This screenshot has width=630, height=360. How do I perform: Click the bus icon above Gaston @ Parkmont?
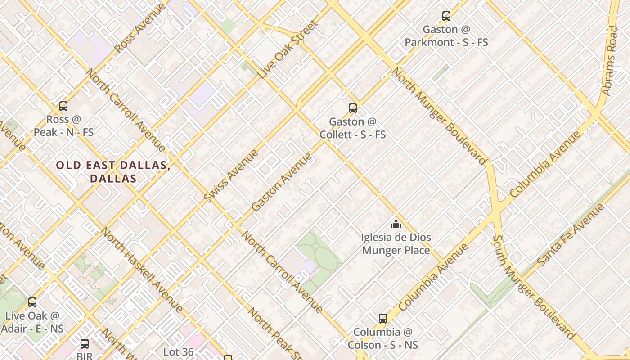[x=446, y=16]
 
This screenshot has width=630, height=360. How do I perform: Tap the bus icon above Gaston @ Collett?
[x=352, y=108]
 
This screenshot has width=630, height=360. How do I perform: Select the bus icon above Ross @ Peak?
[x=63, y=106]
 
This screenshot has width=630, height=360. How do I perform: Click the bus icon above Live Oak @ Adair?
[x=32, y=302]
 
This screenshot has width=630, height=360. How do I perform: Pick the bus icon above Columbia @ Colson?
[x=382, y=319]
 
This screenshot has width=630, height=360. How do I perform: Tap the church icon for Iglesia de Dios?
[x=396, y=224]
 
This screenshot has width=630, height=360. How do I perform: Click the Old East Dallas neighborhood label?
[x=113, y=171]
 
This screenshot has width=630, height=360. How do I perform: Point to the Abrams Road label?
[x=611, y=61]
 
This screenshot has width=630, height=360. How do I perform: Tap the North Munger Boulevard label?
[x=440, y=116]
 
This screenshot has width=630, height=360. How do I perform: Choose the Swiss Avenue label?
[x=231, y=175]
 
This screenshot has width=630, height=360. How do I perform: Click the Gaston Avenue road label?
[x=282, y=182]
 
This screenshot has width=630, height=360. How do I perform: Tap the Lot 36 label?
[x=178, y=352]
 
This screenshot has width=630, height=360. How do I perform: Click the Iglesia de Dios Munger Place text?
[x=396, y=243]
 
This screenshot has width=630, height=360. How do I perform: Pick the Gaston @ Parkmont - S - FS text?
[x=446, y=36]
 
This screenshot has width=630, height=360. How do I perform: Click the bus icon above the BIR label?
[x=84, y=344]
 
